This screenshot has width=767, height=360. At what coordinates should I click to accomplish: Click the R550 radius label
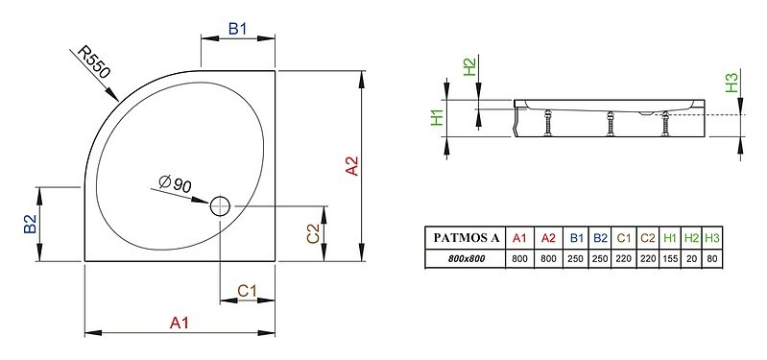[x=95, y=62]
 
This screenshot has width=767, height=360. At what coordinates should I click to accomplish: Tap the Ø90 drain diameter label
[x=176, y=184]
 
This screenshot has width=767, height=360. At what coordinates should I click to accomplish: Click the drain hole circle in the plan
[x=220, y=206]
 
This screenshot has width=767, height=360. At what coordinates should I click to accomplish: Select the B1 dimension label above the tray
[x=238, y=29]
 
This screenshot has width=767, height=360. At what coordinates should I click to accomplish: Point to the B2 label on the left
[x=30, y=224]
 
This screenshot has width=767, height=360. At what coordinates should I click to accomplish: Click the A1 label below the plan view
[x=180, y=323]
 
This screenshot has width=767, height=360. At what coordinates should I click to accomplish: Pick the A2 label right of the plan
[x=351, y=166]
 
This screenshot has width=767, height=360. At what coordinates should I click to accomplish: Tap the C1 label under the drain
[x=247, y=291]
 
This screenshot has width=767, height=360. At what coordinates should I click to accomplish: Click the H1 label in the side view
[x=437, y=117]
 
